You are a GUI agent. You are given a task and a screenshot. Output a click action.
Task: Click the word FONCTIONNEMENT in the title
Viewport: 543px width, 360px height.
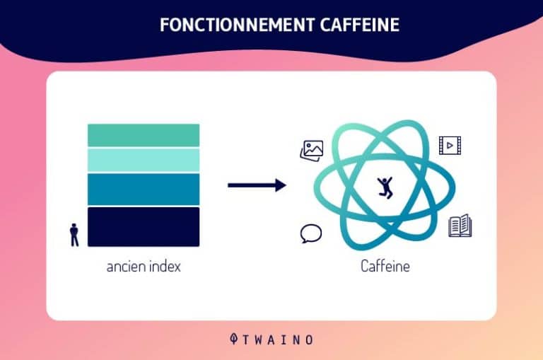point(238,25)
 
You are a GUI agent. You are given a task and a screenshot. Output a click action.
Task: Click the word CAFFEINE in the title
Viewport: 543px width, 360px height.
point(360,25)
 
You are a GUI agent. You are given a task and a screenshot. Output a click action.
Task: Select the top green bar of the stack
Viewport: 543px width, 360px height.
point(144,135)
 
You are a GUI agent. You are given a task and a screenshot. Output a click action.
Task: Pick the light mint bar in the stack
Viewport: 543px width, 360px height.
point(144,161)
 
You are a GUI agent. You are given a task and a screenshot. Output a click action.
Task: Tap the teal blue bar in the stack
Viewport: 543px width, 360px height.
point(144,189)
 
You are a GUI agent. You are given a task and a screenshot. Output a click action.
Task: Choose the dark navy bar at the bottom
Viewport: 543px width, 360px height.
point(144,227)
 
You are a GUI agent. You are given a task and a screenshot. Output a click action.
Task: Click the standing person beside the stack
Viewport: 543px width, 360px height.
point(74,235)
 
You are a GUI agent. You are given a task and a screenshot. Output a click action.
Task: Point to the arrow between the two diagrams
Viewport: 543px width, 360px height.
point(257,185)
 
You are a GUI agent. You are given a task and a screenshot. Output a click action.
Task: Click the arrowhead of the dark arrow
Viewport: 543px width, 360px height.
point(281,185)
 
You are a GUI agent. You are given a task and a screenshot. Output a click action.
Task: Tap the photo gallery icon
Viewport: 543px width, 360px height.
point(312,151)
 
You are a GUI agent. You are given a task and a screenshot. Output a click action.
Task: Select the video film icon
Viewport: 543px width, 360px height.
point(450,146)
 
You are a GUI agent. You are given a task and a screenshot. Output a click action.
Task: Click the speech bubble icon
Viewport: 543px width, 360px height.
point(310,233)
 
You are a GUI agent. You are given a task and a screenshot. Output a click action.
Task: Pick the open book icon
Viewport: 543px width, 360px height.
point(460,226)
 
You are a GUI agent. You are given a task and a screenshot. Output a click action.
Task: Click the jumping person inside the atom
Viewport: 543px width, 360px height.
point(385,187)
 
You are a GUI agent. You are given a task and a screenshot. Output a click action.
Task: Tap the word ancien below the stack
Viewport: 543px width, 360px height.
point(126,267)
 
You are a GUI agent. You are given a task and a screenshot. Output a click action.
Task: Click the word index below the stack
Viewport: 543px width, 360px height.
point(165,266)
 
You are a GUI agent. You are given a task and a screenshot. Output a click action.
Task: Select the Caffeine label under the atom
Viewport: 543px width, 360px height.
point(385,266)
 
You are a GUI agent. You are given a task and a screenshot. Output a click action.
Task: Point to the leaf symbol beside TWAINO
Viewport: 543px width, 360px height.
point(234,339)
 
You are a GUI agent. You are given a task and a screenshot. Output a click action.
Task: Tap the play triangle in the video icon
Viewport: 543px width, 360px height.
point(450,146)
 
